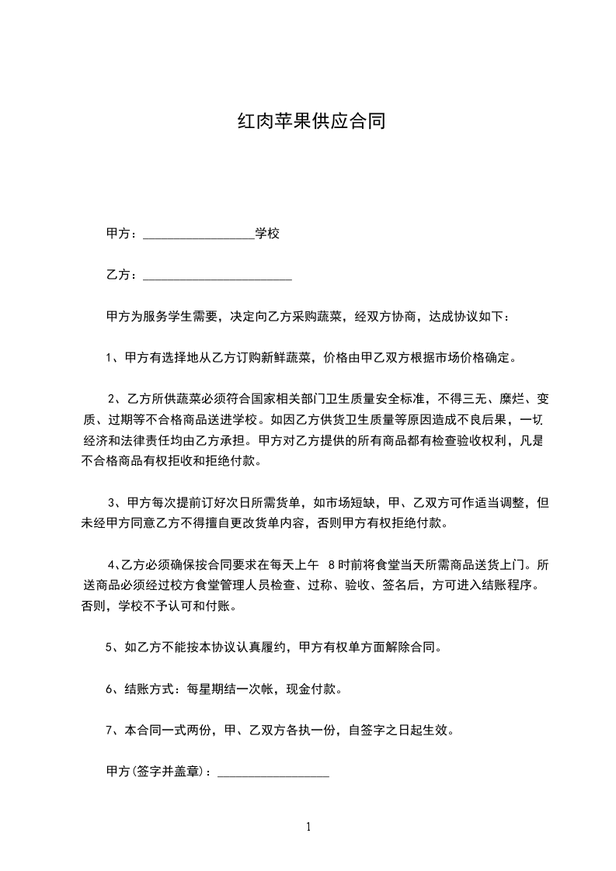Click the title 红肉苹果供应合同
311,122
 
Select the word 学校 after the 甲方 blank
267,234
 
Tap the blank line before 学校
199,236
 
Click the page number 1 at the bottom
308,827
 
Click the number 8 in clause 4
333,564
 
